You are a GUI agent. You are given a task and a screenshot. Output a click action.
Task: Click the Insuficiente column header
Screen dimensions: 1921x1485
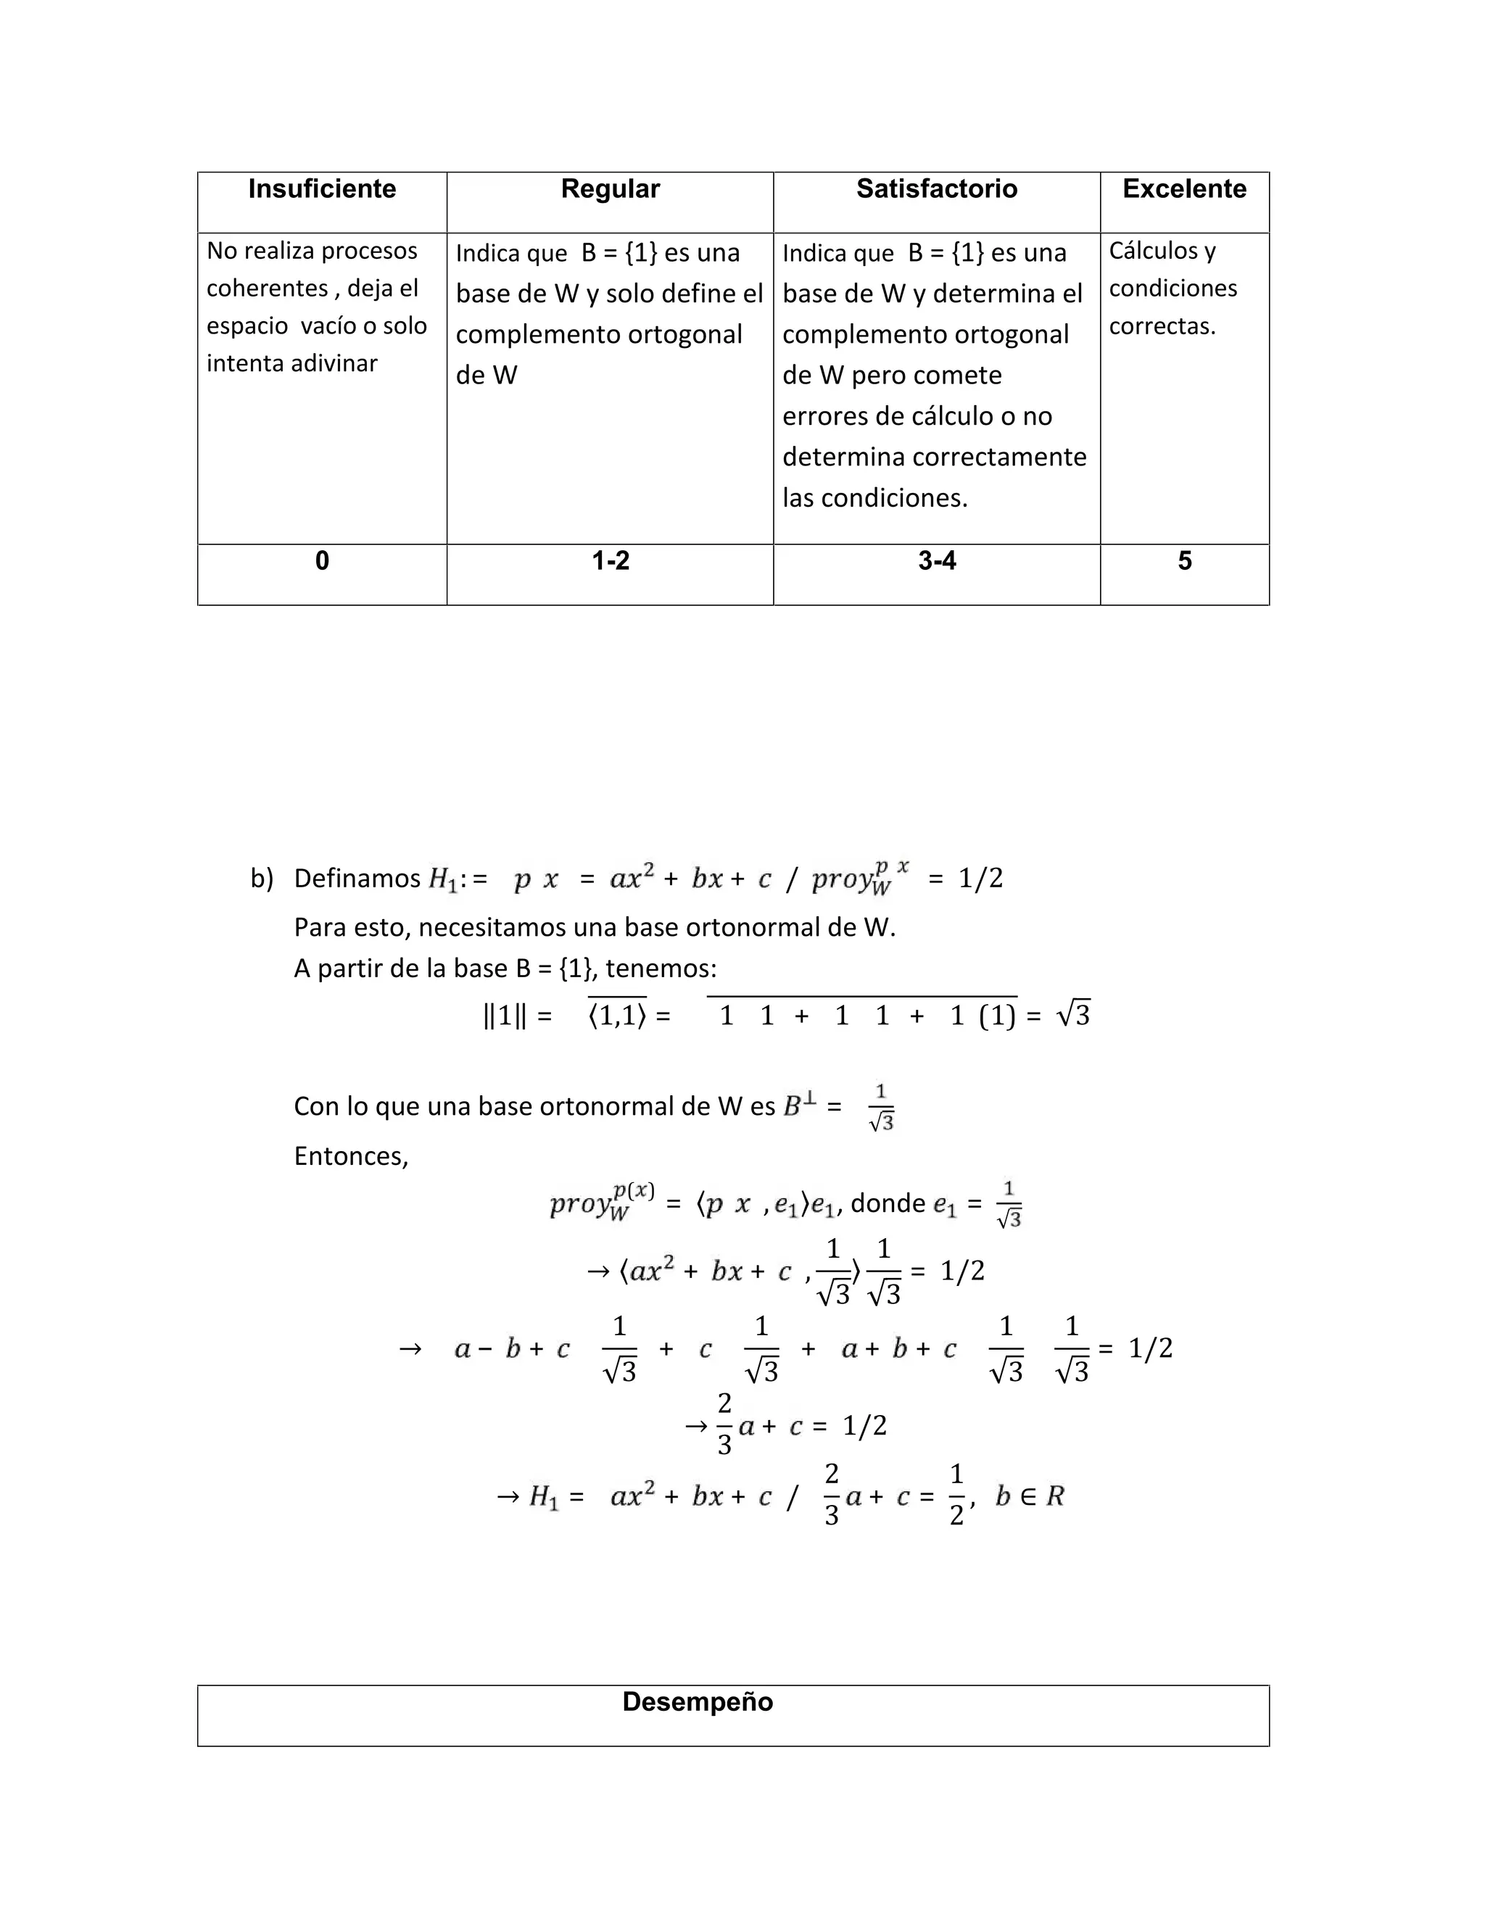tap(322, 189)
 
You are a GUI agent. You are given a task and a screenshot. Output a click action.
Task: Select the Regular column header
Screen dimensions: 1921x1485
tap(610, 189)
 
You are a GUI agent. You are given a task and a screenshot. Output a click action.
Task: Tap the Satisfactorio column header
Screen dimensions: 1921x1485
tap(936, 189)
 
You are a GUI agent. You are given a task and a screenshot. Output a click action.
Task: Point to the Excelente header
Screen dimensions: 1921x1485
tap(1184, 189)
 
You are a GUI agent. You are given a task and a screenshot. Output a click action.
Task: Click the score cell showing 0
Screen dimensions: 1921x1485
tap(322, 561)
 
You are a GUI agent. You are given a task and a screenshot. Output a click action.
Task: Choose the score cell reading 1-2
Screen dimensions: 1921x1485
tap(610, 561)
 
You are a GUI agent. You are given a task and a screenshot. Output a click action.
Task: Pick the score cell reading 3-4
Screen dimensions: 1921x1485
tap(936, 561)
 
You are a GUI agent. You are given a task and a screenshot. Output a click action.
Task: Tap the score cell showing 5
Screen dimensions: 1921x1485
tap(1184, 561)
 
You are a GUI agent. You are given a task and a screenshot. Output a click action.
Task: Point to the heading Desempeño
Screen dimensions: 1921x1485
tap(697, 1702)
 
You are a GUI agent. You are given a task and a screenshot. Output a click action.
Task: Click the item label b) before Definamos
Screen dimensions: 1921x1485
tap(261, 879)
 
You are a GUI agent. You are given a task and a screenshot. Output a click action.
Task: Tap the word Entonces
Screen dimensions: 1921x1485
tap(351, 1155)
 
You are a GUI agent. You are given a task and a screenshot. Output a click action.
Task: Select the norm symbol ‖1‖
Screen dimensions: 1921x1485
tap(505, 1016)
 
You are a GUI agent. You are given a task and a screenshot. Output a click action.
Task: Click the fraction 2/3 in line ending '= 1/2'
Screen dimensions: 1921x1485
tap(724, 1425)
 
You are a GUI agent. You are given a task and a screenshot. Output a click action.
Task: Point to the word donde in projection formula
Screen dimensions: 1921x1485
tap(888, 1203)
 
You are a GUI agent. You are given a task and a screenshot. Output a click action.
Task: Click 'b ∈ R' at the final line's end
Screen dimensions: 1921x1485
tap(1030, 1496)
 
